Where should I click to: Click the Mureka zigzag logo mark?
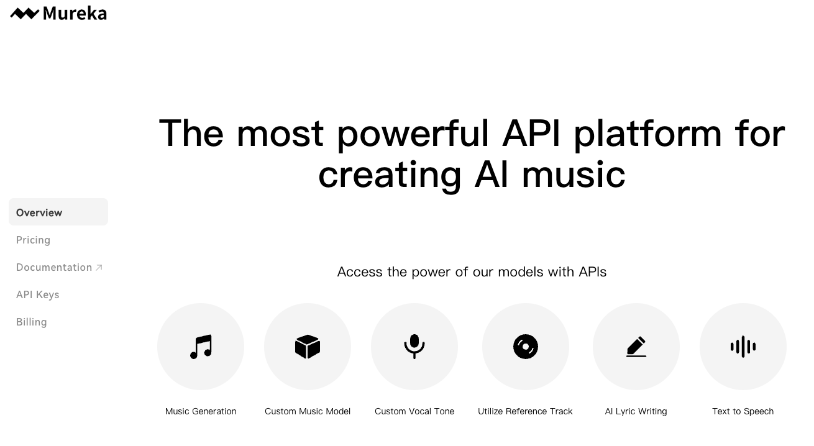pyautogui.click(x=24, y=14)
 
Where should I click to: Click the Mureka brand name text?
pyautogui.click(x=75, y=14)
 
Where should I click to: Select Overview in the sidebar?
pyautogui.click(x=39, y=212)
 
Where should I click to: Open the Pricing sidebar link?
pyautogui.click(x=33, y=240)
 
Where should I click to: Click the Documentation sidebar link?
pyautogui.click(x=54, y=267)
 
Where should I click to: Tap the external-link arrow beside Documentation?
pyautogui.click(x=99, y=268)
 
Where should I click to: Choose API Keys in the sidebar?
pyautogui.click(x=37, y=294)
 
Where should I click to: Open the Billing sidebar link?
pyautogui.click(x=31, y=322)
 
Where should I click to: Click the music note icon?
pyautogui.click(x=201, y=347)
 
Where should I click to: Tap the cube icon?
pyautogui.click(x=308, y=347)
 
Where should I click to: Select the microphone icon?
pyautogui.click(x=414, y=347)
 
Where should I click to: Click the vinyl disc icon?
pyautogui.click(x=526, y=347)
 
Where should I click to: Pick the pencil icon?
pyautogui.click(x=636, y=347)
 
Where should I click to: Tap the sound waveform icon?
pyautogui.click(x=743, y=347)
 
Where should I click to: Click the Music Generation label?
pyautogui.click(x=201, y=411)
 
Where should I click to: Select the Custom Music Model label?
pyautogui.click(x=308, y=411)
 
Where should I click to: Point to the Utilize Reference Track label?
pyautogui.click(x=525, y=411)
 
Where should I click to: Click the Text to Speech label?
pyautogui.click(x=743, y=411)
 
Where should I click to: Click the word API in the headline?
pyautogui.click(x=531, y=134)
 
